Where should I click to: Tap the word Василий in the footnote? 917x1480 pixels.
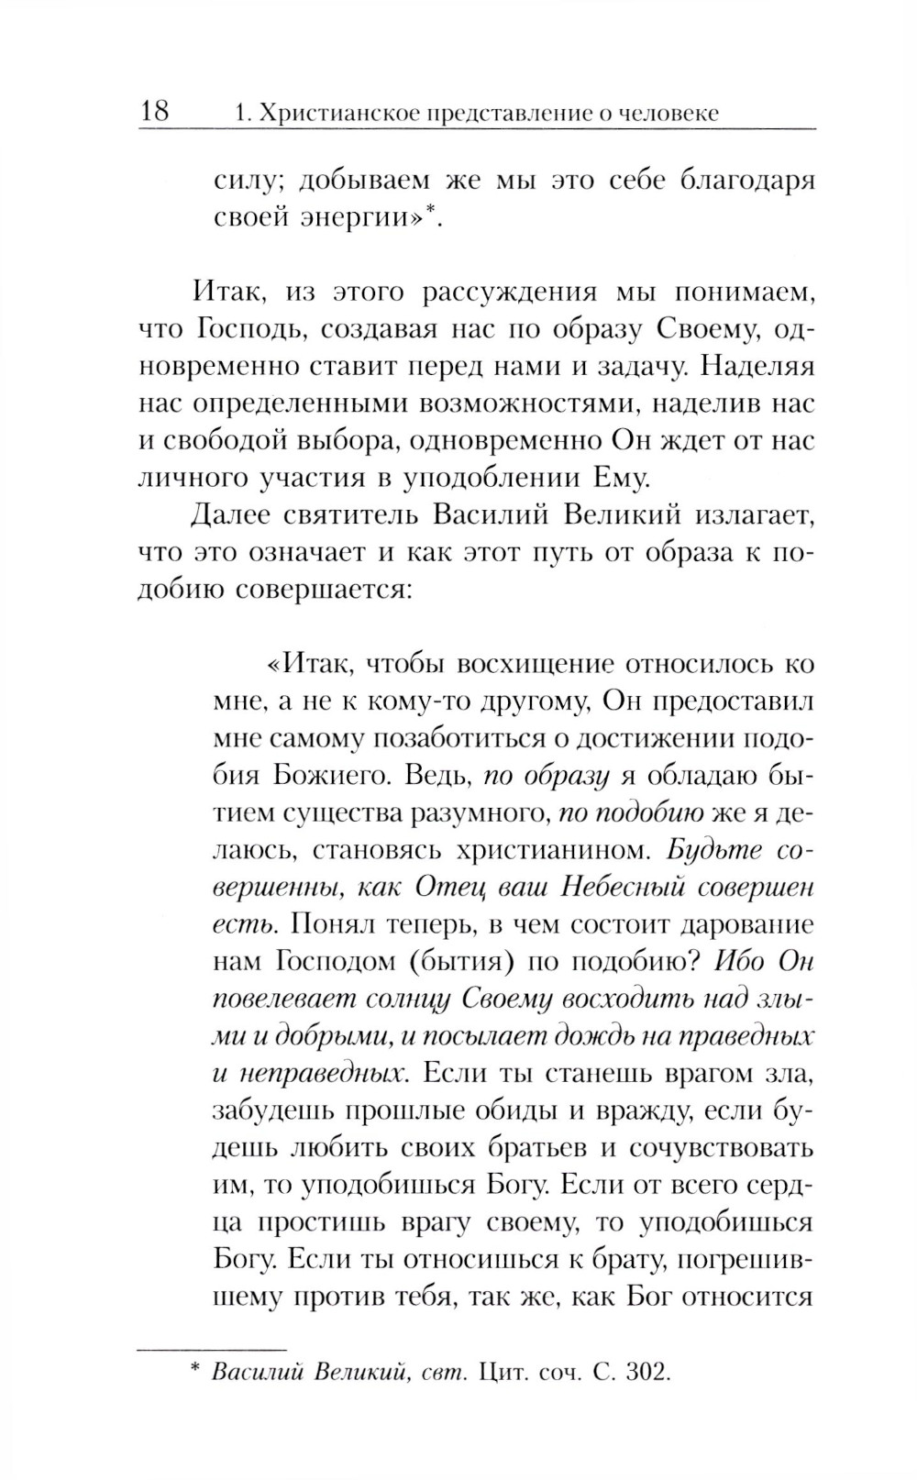pyautogui.click(x=257, y=1373)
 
